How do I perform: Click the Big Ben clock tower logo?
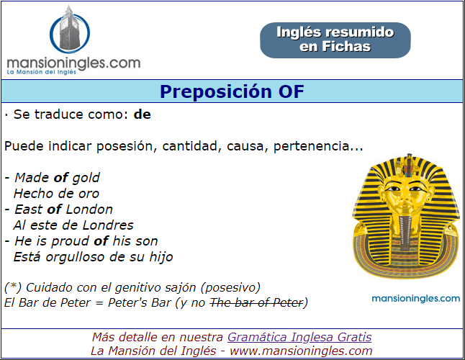tap(69, 30)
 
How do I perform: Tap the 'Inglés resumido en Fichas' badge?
tap(335, 40)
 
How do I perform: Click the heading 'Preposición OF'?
tap(232, 91)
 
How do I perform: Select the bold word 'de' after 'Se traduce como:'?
tap(143, 114)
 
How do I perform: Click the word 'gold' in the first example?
tap(86, 178)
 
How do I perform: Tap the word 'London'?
tap(89, 210)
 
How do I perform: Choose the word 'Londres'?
tap(108, 225)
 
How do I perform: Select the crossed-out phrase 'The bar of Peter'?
tap(256, 303)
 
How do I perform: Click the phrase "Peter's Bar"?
tap(140, 303)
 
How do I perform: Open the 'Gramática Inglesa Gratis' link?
tap(299, 337)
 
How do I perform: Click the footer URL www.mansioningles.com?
tap(301, 351)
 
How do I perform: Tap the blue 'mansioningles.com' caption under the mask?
tap(416, 298)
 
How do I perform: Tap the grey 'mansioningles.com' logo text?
tap(73, 63)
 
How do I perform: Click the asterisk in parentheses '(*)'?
tap(13, 287)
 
